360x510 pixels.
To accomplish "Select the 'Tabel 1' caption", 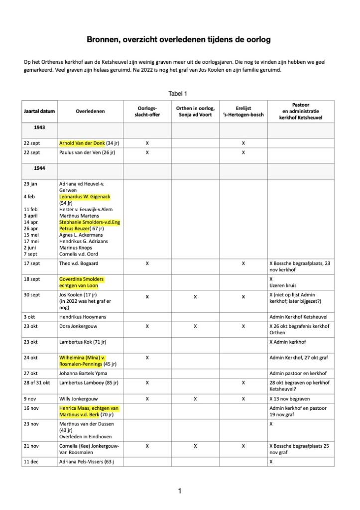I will click(x=179, y=93).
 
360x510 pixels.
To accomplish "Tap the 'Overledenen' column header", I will click(x=90, y=112).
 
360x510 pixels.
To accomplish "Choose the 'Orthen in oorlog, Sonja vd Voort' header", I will click(x=195, y=112).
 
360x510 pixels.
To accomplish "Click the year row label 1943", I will click(x=40, y=128).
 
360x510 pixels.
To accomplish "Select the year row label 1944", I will click(x=40, y=168).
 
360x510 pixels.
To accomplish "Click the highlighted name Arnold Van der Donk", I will click(x=82, y=143).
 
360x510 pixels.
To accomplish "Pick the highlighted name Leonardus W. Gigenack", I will click(x=88, y=197).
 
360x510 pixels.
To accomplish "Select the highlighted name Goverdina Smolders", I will click(x=81, y=279).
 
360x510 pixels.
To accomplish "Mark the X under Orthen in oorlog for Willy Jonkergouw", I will click(x=195, y=398).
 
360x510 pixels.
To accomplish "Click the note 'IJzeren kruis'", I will click(x=282, y=286).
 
